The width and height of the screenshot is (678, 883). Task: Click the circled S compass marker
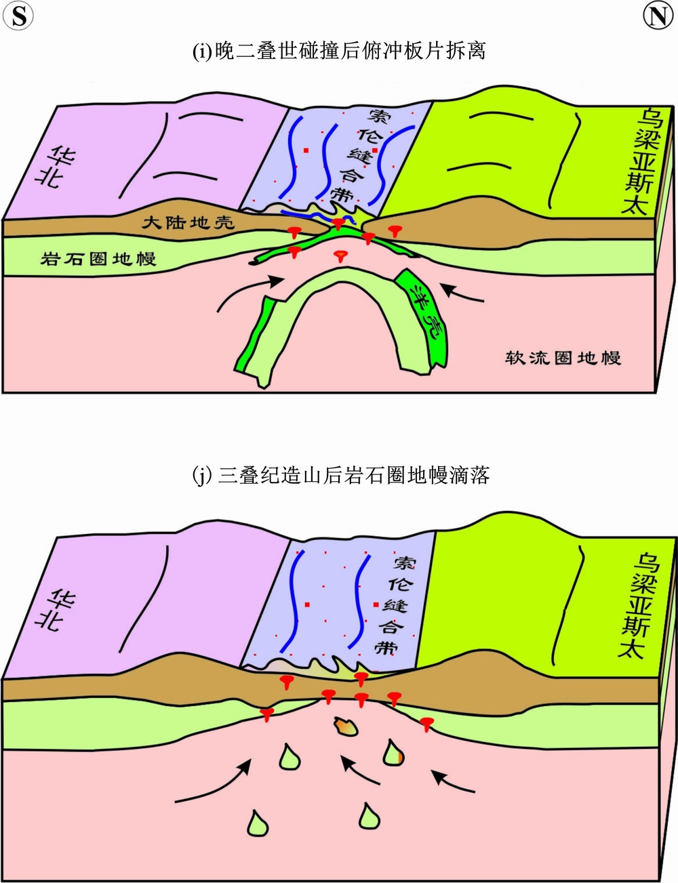pyautogui.click(x=19, y=16)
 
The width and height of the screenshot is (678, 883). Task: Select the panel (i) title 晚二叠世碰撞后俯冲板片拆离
pyautogui.click(x=339, y=51)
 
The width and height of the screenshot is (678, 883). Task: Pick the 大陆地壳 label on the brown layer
pyautogui.click(x=188, y=222)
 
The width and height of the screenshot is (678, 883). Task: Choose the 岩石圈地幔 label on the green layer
pyautogui.click(x=98, y=258)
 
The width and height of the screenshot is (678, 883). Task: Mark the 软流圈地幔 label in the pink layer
pyautogui.click(x=563, y=358)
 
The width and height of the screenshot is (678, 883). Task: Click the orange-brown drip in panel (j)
pyautogui.click(x=346, y=727)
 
